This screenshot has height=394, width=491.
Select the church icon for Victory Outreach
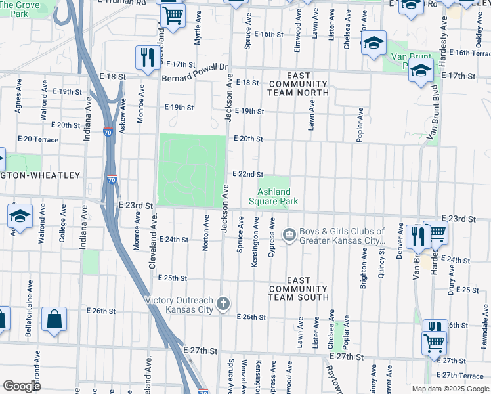223,304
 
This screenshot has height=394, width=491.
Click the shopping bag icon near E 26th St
54,319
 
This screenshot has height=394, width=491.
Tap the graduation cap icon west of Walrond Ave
20,217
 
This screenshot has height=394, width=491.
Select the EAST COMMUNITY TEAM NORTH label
298,88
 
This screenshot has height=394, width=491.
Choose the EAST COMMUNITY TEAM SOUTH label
298,289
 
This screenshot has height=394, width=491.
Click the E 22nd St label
248,174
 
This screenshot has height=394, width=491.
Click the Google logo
22,386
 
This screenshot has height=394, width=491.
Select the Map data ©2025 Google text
450,389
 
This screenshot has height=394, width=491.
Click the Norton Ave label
206,227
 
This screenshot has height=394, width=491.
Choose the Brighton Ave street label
364,263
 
